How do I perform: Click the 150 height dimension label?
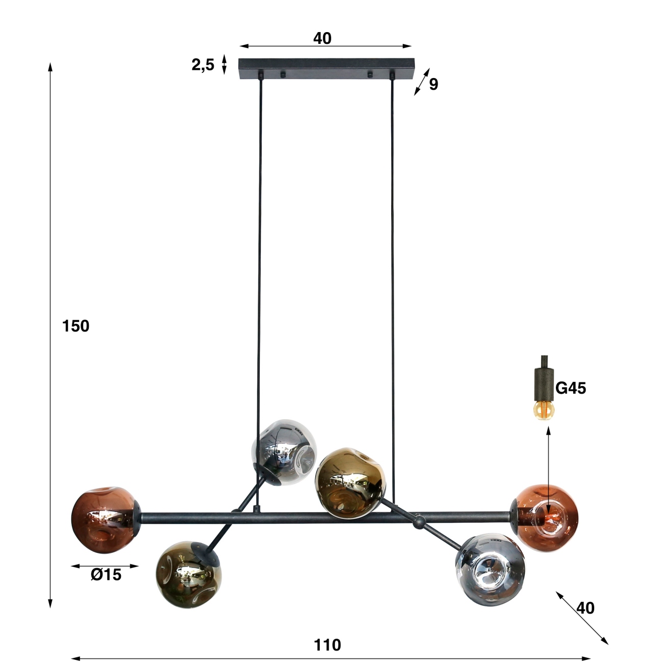(75, 326)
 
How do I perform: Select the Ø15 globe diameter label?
(106, 584)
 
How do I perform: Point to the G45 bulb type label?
(571, 388)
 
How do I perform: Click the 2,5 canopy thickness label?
(202, 65)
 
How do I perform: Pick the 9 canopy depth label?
(433, 84)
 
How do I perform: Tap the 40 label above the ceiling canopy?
(322, 38)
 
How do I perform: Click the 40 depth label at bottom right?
(585, 608)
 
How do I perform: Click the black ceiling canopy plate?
(326, 68)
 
